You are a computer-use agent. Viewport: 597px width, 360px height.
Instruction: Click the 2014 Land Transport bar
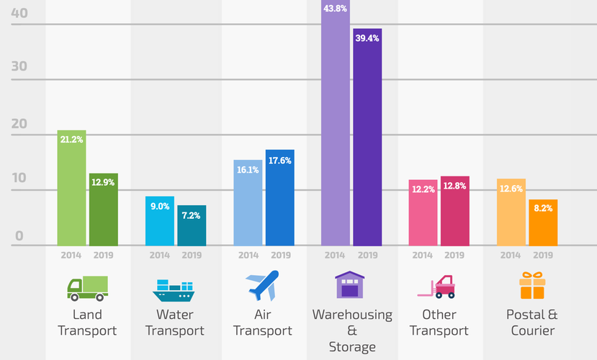coord(72,189)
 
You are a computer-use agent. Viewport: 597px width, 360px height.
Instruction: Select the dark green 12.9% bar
coord(104,210)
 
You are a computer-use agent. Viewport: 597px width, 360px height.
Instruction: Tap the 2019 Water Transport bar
coord(192,226)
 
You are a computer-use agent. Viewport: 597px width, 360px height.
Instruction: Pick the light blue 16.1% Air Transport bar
coord(248,203)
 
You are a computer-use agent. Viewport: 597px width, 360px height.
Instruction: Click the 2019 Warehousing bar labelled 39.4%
coord(367,137)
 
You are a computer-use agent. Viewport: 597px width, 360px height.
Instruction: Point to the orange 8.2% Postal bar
coord(543,223)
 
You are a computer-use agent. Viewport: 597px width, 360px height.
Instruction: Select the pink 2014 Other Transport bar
coord(423,213)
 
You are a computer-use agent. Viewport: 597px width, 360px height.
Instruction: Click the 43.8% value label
coord(336,9)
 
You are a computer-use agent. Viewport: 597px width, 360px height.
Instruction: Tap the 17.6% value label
coord(279,161)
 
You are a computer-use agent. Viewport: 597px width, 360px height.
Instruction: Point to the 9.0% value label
coord(160,206)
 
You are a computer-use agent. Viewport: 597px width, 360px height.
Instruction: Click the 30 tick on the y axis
coord(19,67)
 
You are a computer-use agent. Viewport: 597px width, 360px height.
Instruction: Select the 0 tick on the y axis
coord(20,236)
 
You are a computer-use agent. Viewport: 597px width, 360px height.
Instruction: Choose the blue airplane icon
coord(262,286)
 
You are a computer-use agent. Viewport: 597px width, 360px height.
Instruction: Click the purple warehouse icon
coord(350,285)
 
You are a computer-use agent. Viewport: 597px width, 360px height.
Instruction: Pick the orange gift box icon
coord(532,285)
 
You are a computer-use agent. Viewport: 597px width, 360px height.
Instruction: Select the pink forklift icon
coord(437,287)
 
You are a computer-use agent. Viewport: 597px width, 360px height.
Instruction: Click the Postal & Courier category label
coord(532,323)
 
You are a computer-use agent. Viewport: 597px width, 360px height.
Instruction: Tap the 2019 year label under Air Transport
coord(279,255)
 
